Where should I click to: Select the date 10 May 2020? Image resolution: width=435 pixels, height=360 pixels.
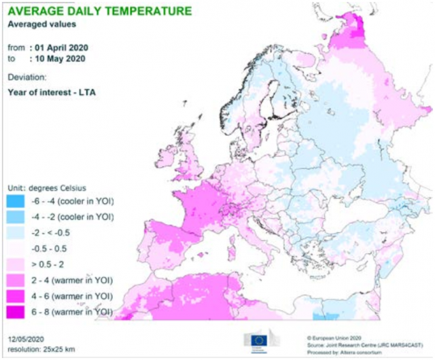pos(57,59)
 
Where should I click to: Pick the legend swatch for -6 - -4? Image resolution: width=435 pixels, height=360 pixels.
pos(15,202)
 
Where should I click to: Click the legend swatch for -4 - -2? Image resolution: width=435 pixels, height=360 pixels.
pos(15,217)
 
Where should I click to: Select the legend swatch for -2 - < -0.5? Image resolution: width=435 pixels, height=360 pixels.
pos(15,233)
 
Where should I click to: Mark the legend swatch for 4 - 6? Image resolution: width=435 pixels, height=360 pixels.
pos(15,295)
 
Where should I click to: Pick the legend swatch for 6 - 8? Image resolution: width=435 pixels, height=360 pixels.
pos(15,311)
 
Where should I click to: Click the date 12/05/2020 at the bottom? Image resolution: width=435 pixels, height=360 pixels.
pos(27,338)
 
